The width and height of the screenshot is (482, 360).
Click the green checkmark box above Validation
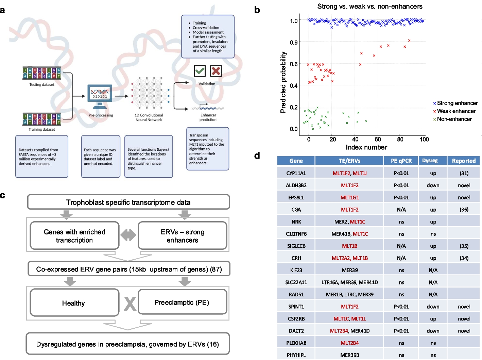tap(200, 71)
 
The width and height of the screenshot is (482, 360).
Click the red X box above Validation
tap(216, 71)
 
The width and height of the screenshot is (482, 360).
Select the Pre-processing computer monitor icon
tap(100, 95)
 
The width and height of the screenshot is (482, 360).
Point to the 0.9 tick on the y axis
tap(293, 43)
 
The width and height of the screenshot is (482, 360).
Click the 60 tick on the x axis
tap(378, 139)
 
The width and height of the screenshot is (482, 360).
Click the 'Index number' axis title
tap(366, 147)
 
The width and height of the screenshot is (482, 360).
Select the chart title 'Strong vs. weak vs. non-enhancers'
tap(370, 6)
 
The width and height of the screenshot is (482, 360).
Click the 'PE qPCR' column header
tap(401, 161)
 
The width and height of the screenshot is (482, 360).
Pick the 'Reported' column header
tap(464, 161)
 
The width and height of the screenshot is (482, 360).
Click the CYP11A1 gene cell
tap(296, 173)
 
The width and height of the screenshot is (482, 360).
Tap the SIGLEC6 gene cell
tap(296, 246)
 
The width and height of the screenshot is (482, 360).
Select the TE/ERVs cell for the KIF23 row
tap(350, 270)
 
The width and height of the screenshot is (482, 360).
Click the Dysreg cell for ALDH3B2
tap(433, 185)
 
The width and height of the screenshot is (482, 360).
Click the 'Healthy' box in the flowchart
tap(74, 303)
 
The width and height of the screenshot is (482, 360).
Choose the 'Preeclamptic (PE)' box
tap(182, 302)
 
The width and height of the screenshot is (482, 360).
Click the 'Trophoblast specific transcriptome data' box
tap(128, 202)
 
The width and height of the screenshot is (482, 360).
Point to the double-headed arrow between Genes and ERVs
tap(128, 235)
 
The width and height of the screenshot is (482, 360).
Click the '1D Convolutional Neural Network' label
tap(149, 117)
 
